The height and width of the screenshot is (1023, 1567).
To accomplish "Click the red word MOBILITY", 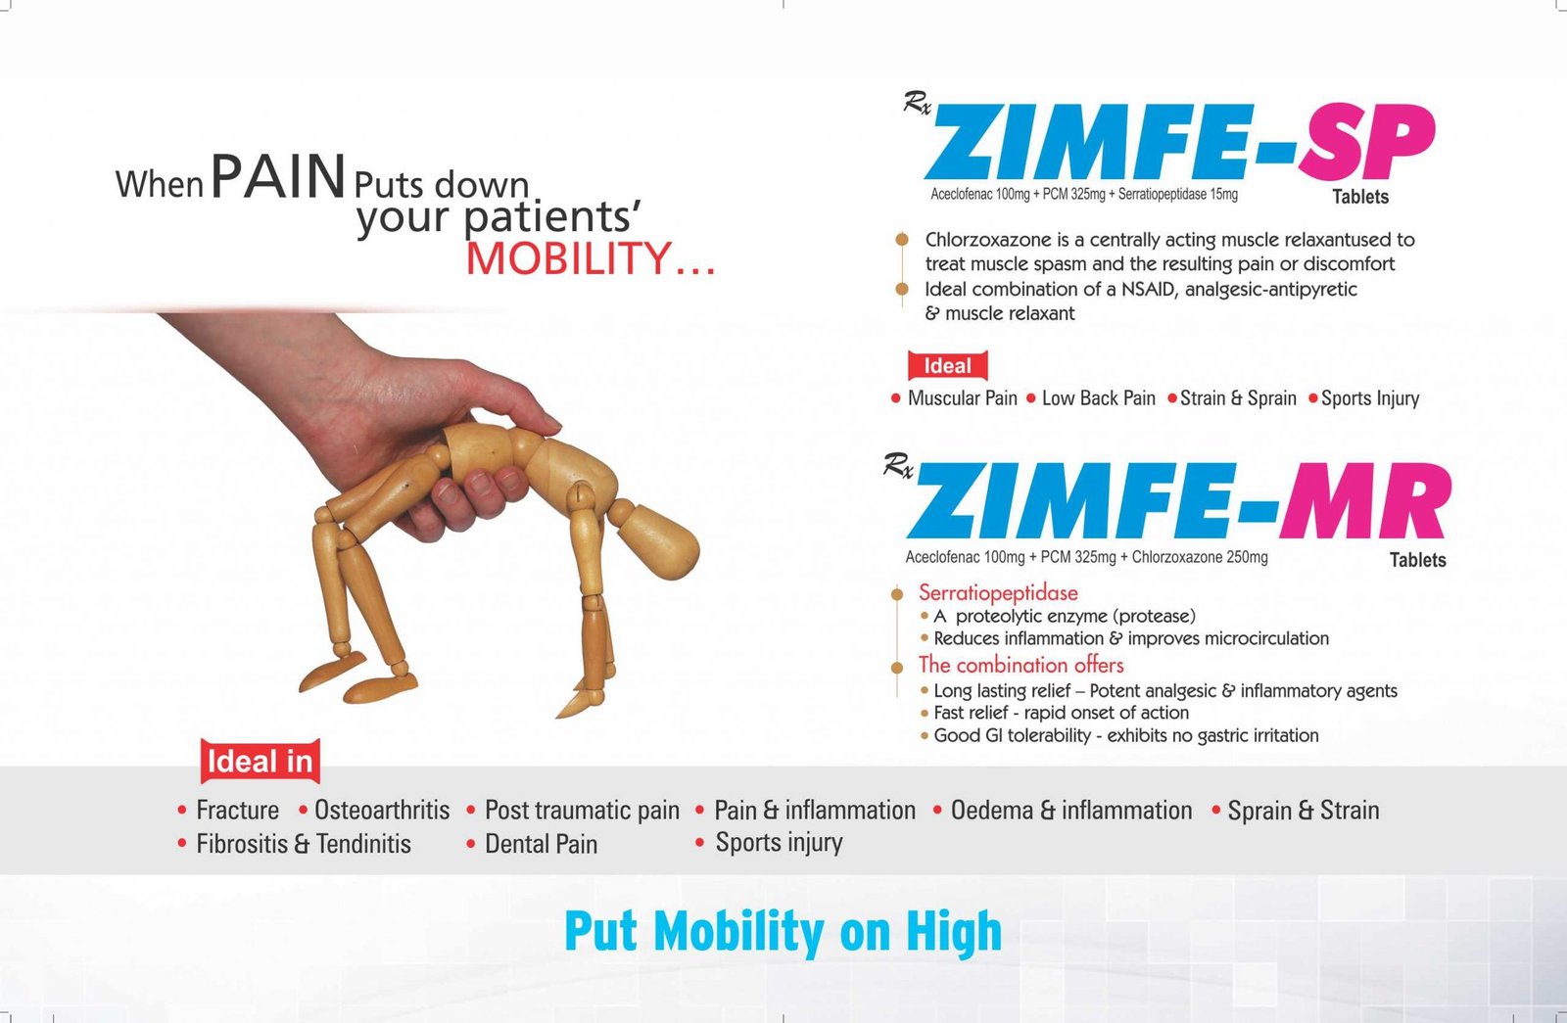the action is (x=568, y=258).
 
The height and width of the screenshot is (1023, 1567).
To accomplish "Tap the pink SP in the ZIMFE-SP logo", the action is (x=1367, y=142).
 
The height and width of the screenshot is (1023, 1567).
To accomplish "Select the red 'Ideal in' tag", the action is (x=261, y=762).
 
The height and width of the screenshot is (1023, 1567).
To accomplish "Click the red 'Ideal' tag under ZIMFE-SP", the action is (x=948, y=366).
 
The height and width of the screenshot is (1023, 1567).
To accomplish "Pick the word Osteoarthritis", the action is (x=382, y=810).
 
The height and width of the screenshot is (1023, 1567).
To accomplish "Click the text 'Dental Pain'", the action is (x=542, y=843).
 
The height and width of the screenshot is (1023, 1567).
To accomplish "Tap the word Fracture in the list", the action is (x=238, y=810).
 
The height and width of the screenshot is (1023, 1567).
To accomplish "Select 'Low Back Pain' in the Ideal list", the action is (x=1098, y=397).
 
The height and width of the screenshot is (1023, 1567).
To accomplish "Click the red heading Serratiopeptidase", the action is (x=998, y=593).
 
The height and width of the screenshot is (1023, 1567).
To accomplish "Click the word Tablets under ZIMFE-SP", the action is (x=1360, y=197).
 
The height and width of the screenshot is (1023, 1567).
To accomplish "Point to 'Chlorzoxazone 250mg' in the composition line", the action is (x=1200, y=557).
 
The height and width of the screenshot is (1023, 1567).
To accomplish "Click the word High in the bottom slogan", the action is (x=954, y=932).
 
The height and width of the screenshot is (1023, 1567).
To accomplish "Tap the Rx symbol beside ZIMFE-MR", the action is (x=898, y=465).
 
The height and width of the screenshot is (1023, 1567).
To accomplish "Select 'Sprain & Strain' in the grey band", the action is (x=1304, y=810).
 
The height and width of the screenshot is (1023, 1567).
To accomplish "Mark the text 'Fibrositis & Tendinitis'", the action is (x=304, y=843).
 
